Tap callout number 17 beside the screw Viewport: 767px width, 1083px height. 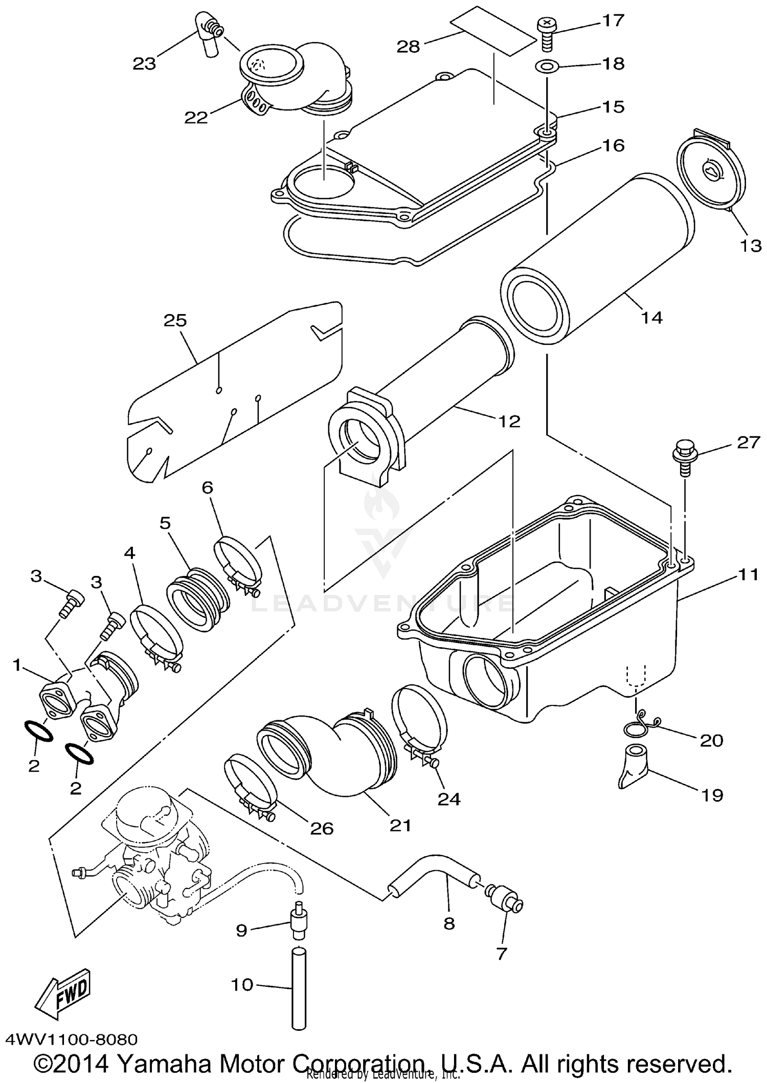(613, 21)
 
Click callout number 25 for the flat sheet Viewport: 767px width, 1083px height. (175, 321)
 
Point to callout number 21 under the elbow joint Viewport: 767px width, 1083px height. (400, 826)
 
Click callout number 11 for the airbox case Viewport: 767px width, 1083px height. (748, 575)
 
